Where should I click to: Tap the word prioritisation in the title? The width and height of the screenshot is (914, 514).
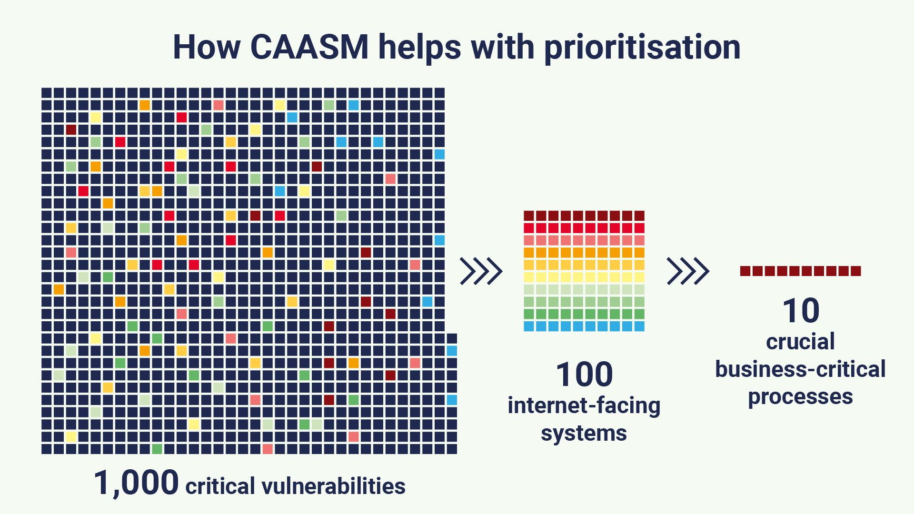pyautogui.click(x=642, y=48)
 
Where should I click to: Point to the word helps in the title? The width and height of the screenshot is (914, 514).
pyautogui.click(x=419, y=48)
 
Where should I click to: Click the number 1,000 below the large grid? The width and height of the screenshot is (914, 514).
pyautogui.click(x=136, y=483)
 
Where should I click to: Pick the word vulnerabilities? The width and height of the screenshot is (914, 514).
pyautogui.click(x=333, y=486)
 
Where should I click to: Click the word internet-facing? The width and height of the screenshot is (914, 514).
pyautogui.click(x=584, y=405)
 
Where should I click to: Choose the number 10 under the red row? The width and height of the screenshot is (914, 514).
pyautogui.click(x=801, y=310)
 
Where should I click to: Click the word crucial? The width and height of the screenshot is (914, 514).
pyautogui.click(x=801, y=341)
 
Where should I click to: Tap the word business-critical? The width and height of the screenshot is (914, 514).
pyautogui.click(x=801, y=369)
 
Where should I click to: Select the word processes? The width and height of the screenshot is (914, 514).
pyautogui.click(x=801, y=397)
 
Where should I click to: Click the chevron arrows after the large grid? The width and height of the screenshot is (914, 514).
pyautogui.click(x=481, y=271)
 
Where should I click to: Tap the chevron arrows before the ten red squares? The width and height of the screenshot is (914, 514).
pyautogui.click(x=688, y=271)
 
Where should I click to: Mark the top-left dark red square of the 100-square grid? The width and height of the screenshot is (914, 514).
pyautogui.click(x=529, y=216)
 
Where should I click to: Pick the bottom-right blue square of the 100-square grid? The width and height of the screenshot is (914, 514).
pyautogui.click(x=639, y=326)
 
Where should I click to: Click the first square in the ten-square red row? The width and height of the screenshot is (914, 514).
pyautogui.click(x=745, y=271)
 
